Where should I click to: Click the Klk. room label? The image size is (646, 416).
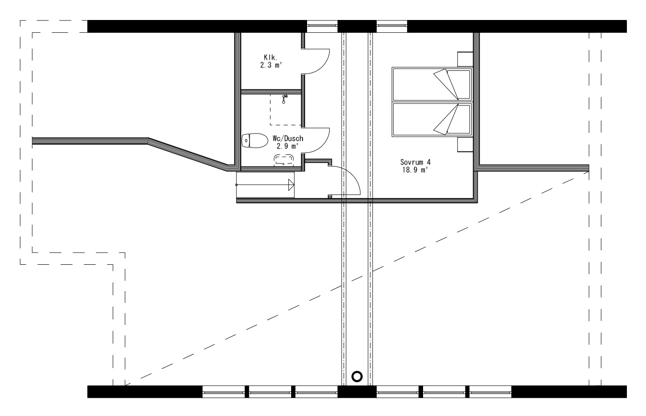[270, 57]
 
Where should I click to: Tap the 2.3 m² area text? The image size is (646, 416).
[271, 65]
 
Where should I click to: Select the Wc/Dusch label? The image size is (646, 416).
[288, 139]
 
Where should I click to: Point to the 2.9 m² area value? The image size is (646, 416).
[288, 146]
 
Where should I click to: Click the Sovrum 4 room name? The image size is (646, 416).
[415, 162]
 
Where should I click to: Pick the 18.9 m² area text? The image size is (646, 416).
[415, 170]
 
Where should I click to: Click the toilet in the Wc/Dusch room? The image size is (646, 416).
[254, 141]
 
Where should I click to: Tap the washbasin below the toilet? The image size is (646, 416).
[284, 158]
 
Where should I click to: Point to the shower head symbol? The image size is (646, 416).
[284, 99]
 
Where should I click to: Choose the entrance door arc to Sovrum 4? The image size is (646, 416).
[350, 179]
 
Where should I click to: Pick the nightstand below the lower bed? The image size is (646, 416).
[465, 144]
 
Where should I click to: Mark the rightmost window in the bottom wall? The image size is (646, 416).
[490, 391]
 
